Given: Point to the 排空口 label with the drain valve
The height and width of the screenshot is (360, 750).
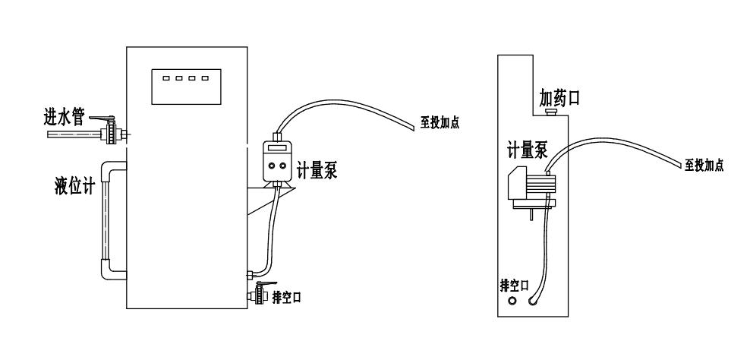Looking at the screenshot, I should [287, 297].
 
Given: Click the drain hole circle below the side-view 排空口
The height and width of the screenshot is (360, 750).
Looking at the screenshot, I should [512, 301].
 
